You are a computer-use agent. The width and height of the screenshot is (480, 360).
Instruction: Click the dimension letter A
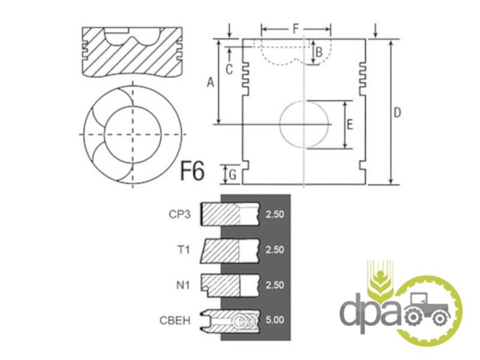[x=211, y=82]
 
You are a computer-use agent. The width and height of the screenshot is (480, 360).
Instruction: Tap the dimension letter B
[x=319, y=52]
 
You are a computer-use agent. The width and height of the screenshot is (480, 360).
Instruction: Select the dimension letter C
[x=229, y=70]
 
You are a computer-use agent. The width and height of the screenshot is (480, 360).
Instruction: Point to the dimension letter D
[x=397, y=113]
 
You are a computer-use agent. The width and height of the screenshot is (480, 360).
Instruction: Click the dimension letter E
[x=350, y=125]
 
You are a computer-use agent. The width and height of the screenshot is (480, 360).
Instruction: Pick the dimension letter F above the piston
[x=295, y=29]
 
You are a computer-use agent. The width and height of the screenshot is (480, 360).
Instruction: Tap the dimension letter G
[x=233, y=175]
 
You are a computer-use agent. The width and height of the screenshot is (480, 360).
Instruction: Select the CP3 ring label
[x=179, y=214]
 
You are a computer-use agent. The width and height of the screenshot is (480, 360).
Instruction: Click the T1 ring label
[x=184, y=250]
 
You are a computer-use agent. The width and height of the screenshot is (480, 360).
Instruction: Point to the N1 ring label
[x=183, y=286]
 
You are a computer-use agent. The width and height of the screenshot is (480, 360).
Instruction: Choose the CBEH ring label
[x=175, y=320]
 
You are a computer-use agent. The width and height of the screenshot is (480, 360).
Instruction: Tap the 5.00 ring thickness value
[x=275, y=320]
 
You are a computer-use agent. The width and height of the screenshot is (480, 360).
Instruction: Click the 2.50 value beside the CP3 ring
[x=275, y=214]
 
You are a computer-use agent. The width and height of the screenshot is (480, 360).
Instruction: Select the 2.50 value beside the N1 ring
[x=275, y=285]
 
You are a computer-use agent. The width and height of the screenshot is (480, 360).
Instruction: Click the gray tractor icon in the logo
[x=427, y=309]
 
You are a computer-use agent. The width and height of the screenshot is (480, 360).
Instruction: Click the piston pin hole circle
[x=304, y=124]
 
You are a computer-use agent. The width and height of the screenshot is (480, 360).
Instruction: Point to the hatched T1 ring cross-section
[x=220, y=251]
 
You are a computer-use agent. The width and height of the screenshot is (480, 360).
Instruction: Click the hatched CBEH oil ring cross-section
[x=230, y=321]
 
